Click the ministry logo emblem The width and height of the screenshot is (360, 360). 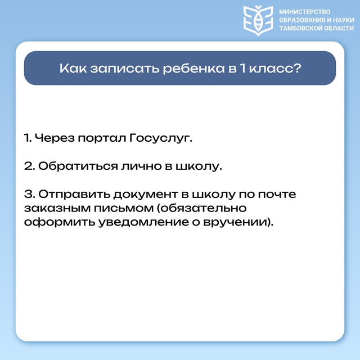click(x=258, y=21)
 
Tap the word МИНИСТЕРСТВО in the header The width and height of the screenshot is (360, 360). click(x=305, y=12)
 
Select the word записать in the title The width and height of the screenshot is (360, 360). click(x=125, y=68)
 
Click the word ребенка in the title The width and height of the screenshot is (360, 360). click(x=193, y=68)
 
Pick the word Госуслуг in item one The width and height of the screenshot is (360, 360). click(x=160, y=138)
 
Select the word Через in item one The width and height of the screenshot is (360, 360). click(x=55, y=138)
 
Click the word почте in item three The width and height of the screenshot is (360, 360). click(x=277, y=194)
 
